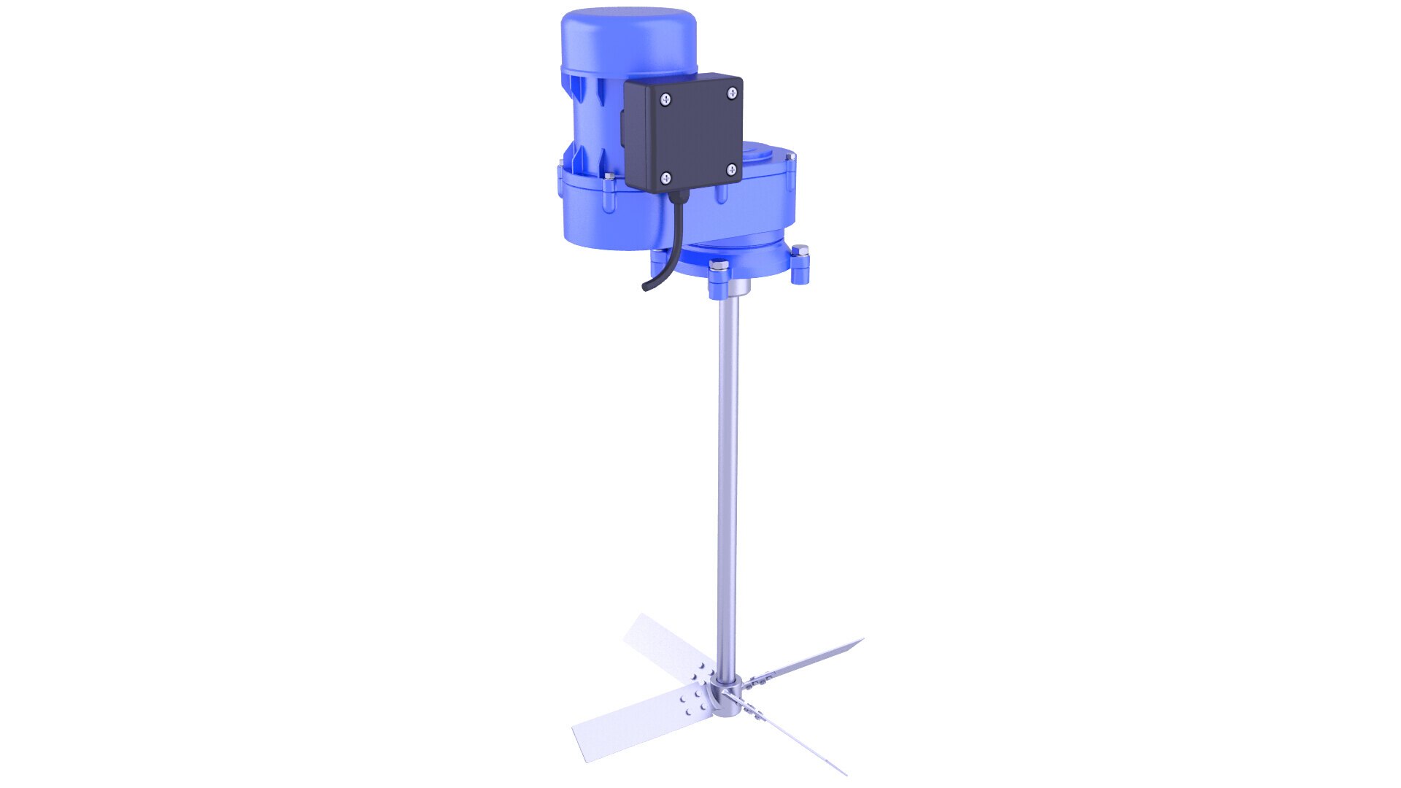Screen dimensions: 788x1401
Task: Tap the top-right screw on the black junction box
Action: click(731, 93)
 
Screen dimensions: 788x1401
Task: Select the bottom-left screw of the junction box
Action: click(665, 177)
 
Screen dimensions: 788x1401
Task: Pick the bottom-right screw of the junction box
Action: click(731, 170)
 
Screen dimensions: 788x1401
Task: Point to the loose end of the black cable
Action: click(646, 287)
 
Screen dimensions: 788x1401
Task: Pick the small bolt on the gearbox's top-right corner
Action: click(790, 156)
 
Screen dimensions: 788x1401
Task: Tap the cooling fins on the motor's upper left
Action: click(584, 95)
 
